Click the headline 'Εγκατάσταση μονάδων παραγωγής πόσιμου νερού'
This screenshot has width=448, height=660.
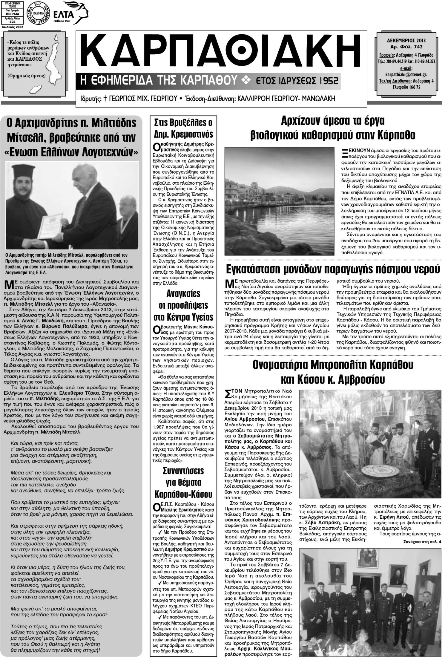[332, 269]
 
